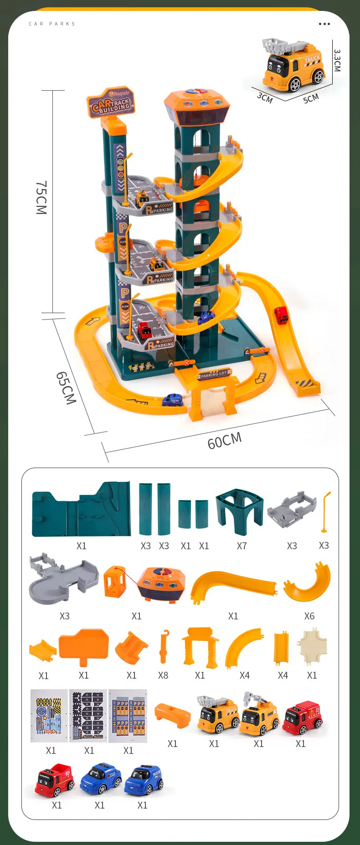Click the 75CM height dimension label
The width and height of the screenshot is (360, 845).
pos(41,197)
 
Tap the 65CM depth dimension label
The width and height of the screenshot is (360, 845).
pos(66,388)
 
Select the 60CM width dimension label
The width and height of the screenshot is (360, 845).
pos(224,440)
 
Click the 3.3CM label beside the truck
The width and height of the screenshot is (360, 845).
pos(337,60)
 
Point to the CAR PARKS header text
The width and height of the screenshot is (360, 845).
pos(52,24)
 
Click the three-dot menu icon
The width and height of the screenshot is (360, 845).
pos(324,24)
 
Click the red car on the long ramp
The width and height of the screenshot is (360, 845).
pos(281,315)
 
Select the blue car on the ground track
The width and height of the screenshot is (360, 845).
pos(173,400)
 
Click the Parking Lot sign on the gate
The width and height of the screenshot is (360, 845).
pos(214,375)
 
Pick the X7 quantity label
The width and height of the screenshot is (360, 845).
pos(242,546)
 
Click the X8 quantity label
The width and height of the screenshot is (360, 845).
pos(163,675)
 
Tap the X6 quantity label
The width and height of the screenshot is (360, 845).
pos(309,616)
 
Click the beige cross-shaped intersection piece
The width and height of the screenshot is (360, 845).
pos(313,646)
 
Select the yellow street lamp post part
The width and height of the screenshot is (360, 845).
pos(325,512)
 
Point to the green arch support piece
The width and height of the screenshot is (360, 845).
pos(240,511)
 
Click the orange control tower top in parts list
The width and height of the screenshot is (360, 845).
pos(161,584)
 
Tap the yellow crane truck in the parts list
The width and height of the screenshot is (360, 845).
pos(259,716)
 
